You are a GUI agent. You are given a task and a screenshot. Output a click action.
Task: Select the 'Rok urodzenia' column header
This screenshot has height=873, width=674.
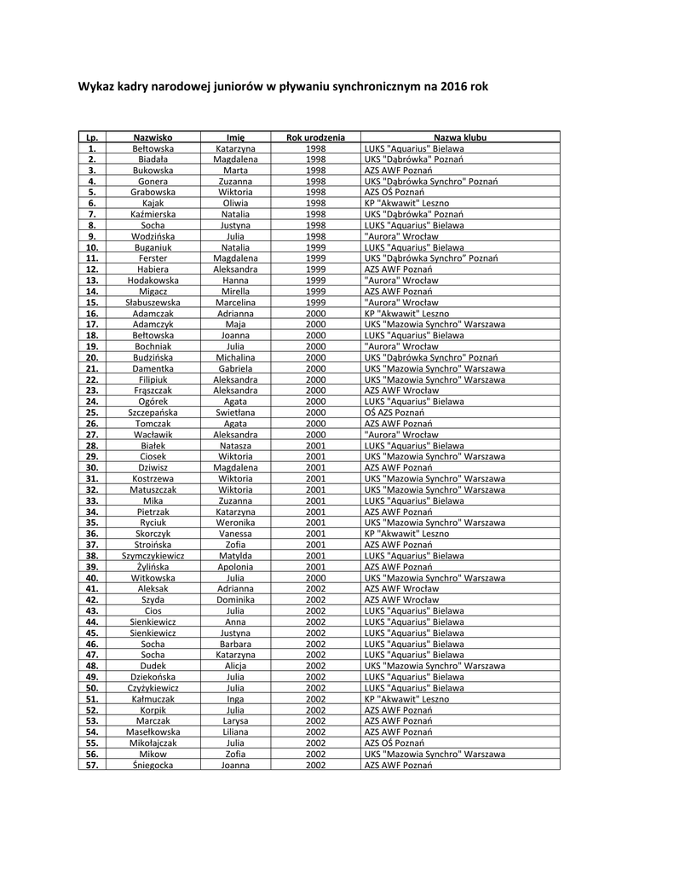pos(315,136)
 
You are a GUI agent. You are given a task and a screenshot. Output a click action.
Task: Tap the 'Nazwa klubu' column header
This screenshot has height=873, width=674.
pos(460,136)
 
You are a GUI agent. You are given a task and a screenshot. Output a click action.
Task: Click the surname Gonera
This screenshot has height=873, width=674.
pos(153,182)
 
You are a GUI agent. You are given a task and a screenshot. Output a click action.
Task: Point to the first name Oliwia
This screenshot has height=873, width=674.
pos(236,203)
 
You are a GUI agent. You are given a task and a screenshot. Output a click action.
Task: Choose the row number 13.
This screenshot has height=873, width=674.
pos(92,280)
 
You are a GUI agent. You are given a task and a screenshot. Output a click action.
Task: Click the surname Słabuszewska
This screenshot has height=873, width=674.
pos(153,303)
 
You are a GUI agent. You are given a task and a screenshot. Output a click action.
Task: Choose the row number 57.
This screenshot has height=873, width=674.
pos(92,765)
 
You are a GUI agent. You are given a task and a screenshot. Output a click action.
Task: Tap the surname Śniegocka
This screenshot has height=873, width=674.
pos(153,765)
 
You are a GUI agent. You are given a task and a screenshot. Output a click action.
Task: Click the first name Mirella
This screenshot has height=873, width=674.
pos(236,292)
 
